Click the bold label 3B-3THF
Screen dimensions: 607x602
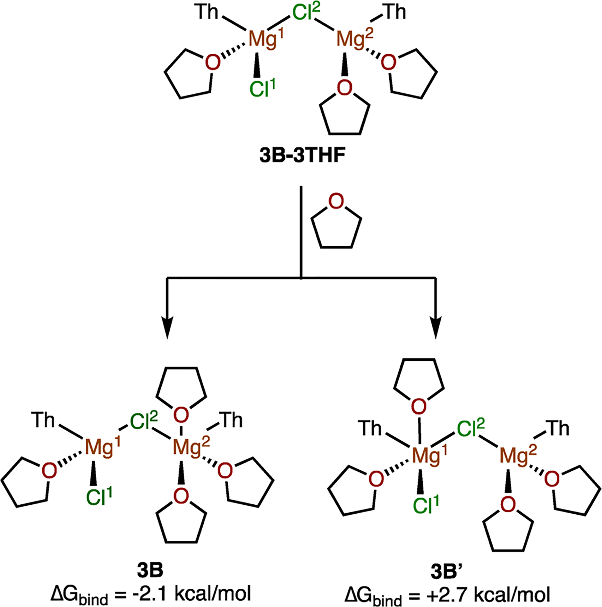click(x=302, y=156)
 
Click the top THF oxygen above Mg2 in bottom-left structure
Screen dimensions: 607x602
click(x=181, y=415)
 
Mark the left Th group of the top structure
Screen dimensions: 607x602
click(x=207, y=12)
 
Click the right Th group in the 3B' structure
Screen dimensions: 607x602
click(x=557, y=428)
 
